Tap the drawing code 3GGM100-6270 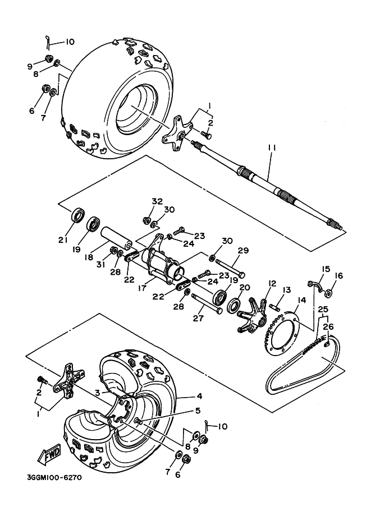(54, 478)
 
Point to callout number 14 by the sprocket (301, 300)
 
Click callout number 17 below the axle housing (143, 289)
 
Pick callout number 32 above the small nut (157, 201)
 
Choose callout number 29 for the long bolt (243, 251)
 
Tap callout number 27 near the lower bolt (198, 318)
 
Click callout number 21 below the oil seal (63, 240)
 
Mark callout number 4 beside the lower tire (199, 396)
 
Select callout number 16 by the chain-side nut (338, 276)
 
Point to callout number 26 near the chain (328, 326)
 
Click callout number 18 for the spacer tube (89, 257)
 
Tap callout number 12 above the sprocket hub (272, 283)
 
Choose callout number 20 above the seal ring (245, 287)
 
